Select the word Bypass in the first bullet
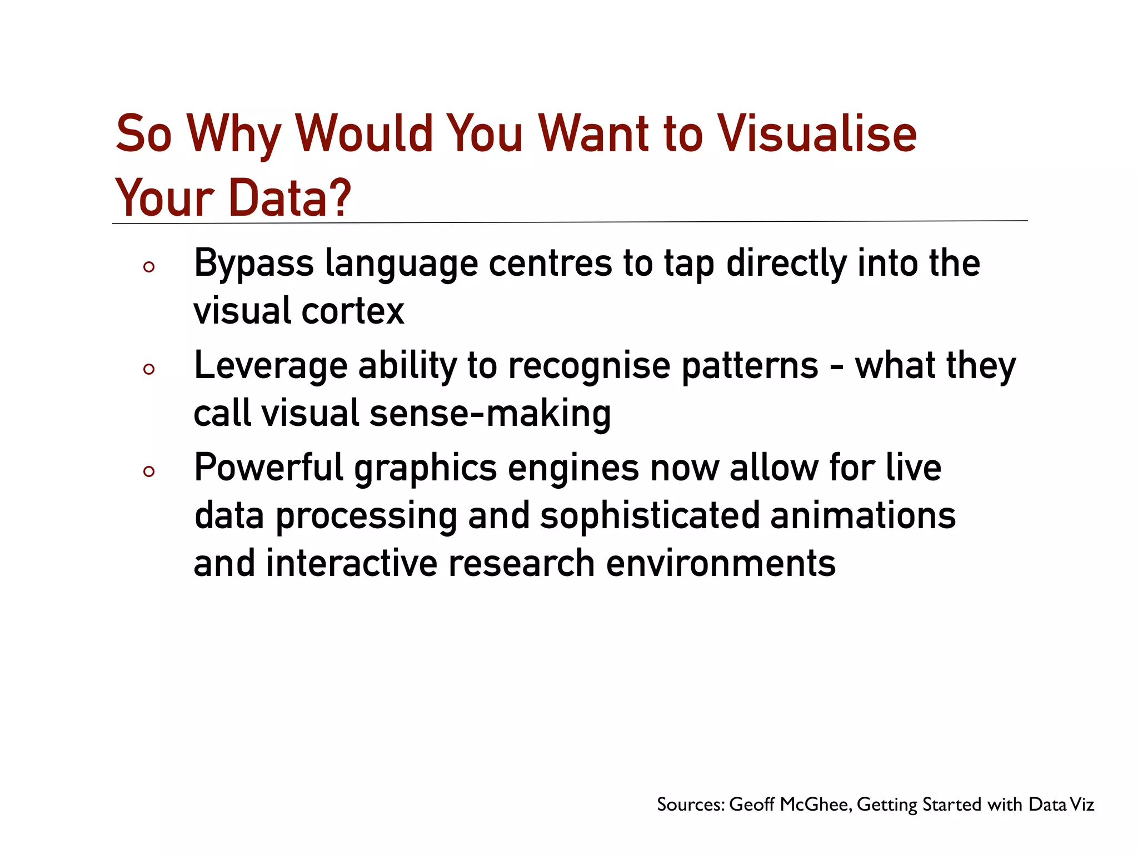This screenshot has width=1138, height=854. pyautogui.click(x=253, y=263)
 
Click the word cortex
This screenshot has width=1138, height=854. pyautogui.click(x=352, y=311)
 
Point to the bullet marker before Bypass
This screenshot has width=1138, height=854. pyautogui.click(x=148, y=267)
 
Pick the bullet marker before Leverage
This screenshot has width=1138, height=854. pyautogui.click(x=148, y=369)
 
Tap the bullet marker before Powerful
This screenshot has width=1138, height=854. pyautogui.click(x=148, y=472)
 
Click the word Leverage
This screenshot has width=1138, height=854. pyautogui.click(x=270, y=366)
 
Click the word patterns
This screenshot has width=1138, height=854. pyautogui.click(x=750, y=366)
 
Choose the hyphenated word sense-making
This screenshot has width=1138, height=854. pyautogui.click(x=490, y=414)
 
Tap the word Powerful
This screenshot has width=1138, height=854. pyautogui.click(x=269, y=468)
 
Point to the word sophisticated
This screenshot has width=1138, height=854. pyautogui.click(x=650, y=515)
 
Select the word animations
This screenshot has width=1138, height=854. pyautogui.click(x=863, y=515)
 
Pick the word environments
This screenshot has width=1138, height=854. pyautogui.click(x=721, y=563)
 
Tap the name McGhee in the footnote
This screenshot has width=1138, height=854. pyautogui.click(x=816, y=805)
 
